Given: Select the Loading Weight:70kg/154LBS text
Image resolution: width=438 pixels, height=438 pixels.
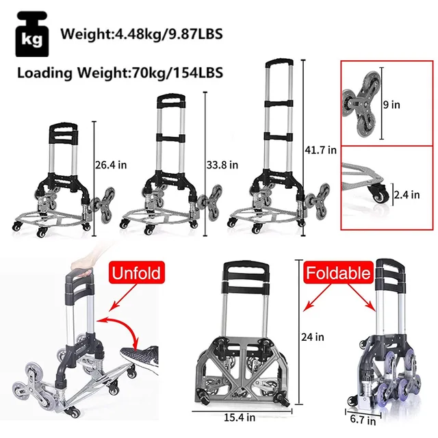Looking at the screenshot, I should click(121, 71).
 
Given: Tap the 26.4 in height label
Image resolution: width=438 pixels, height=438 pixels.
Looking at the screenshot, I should click(109, 164).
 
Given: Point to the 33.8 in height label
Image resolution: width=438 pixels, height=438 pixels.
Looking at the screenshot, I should click(223, 164).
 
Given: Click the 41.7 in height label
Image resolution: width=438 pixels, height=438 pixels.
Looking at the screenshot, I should click(322, 149).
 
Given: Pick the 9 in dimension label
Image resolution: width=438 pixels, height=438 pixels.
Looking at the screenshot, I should click(393, 105).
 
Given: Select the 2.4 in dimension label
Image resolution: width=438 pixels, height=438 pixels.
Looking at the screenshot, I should click(407, 195).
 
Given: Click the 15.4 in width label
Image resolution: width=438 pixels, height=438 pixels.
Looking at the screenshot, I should click(238, 416).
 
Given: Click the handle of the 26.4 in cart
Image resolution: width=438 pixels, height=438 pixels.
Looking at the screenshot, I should click(62, 130).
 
